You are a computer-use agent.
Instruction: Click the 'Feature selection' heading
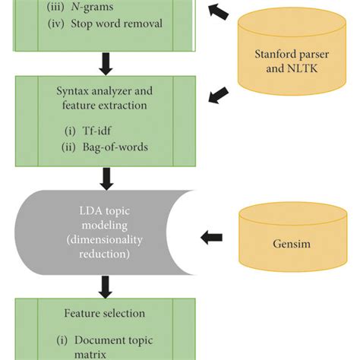pyautogui.click(x=103, y=312)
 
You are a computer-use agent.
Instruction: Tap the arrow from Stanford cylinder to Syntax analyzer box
pyautogui.click(x=219, y=95)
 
